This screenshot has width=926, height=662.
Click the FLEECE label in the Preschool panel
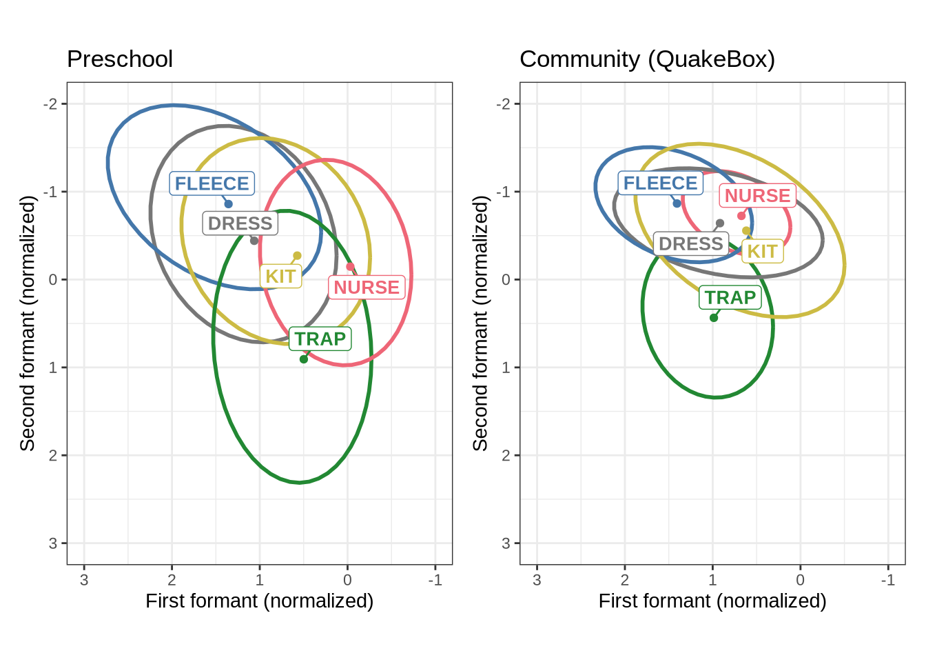212,183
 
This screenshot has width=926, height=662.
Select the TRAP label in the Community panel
730,297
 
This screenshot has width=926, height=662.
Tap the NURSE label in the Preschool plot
367,287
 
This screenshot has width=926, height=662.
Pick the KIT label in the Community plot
763,252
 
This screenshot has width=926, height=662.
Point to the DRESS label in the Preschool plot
240,223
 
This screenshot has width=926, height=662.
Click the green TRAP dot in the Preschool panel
304,359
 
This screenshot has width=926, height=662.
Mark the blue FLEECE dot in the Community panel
677,203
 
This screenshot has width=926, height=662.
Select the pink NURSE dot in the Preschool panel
350,267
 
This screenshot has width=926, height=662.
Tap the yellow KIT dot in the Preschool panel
297,256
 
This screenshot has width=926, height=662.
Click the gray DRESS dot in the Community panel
720,223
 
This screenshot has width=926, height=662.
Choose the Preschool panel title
120,59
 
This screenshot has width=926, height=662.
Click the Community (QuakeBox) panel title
647,59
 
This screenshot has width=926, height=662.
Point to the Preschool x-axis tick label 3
84,580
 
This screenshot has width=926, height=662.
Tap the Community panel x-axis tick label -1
887,580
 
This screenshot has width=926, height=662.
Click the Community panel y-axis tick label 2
506,455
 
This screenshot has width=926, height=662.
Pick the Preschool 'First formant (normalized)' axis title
260,601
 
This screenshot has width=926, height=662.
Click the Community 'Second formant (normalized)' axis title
480,323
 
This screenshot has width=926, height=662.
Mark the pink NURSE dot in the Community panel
741,216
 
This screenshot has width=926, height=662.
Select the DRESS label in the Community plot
691,243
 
